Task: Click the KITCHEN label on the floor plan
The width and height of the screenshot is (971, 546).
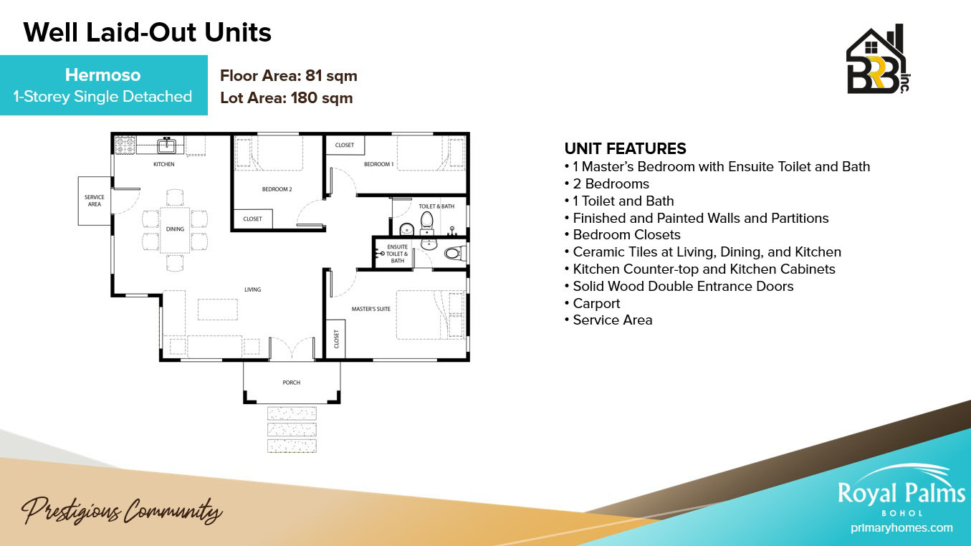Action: [x=164, y=164]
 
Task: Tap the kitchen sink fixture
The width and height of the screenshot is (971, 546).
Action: [x=166, y=145]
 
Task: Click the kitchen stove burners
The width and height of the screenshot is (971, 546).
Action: [x=125, y=145]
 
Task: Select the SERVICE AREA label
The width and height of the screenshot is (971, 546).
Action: [x=94, y=201]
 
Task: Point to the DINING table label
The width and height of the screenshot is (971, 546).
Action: [x=175, y=229]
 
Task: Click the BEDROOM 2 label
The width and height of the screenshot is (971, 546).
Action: [x=277, y=189]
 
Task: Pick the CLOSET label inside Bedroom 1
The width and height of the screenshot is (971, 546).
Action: [x=345, y=145]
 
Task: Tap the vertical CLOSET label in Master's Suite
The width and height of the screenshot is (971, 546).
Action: [x=336, y=339]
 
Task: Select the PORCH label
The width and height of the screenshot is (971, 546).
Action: [x=291, y=383]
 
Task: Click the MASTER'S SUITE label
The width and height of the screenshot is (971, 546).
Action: [x=371, y=309]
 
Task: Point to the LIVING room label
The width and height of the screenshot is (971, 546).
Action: [x=253, y=289]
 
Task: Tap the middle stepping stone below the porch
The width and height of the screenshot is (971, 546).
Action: [x=292, y=429]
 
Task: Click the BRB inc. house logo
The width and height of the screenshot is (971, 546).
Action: [x=879, y=59]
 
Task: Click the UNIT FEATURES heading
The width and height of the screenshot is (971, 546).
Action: [x=625, y=148]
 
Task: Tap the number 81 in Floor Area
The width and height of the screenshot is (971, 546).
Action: [x=313, y=76]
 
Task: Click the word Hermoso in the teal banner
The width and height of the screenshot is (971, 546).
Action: [x=102, y=75]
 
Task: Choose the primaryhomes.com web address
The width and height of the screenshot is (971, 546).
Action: [x=901, y=528]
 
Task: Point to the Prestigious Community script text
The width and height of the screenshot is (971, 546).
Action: [x=122, y=512]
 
